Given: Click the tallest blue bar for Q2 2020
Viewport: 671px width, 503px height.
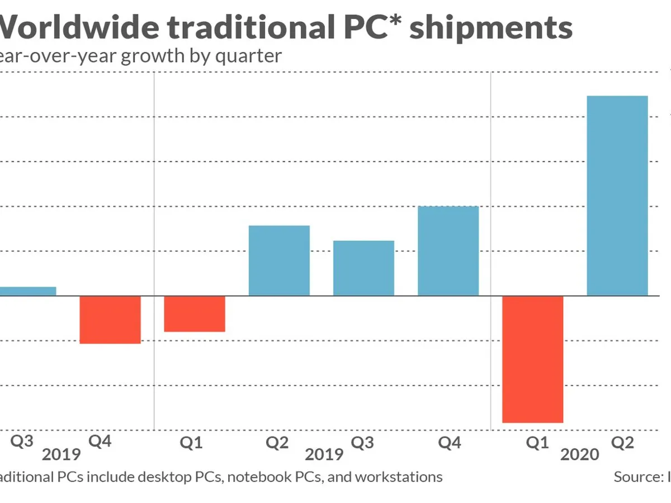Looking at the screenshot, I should (x=617, y=196).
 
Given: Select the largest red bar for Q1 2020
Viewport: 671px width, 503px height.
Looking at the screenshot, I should (x=532, y=359).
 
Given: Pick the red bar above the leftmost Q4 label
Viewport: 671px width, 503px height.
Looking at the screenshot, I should (x=110, y=319).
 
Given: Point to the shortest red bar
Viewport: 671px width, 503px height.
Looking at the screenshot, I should (x=194, y=314).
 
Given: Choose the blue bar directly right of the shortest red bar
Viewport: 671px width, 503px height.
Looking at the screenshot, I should (x=279, y=260).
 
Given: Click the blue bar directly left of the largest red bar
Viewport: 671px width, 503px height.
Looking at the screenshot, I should (x=448, y=251).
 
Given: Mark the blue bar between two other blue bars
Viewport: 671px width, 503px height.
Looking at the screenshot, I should (x=363, y=268).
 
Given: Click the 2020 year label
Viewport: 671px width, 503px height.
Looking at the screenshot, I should (x=580, y=454).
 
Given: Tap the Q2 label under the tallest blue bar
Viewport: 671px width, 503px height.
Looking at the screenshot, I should (x=622, y=443).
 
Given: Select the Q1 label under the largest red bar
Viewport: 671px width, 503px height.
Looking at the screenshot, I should (x=537, y=443).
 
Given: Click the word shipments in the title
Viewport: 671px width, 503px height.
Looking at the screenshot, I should (x=490, y=28).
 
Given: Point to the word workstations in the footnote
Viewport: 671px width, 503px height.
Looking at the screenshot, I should (x=399, y=477).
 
